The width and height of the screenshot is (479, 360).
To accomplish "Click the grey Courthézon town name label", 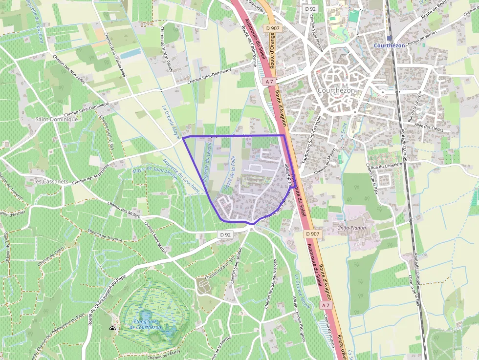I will click(336, 90).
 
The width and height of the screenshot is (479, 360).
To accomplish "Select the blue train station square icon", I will click(389, 38).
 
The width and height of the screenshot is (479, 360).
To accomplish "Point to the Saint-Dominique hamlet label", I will click(57, 119).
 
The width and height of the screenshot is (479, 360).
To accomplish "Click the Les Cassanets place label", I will click(51, 181).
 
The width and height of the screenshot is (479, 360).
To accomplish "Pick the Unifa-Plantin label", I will click(351, 228).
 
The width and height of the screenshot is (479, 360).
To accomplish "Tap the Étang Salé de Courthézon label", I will click(148, 324).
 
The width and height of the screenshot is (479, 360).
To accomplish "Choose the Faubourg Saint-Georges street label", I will click(310, 145).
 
